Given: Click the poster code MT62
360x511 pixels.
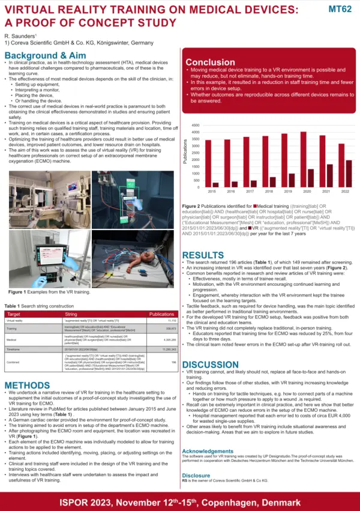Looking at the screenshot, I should tap(340, 10).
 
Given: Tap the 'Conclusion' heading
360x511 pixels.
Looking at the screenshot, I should tap(210, 62).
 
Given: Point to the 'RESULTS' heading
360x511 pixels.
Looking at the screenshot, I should tap(203, 255).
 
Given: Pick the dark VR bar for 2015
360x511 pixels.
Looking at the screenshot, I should tap(215, 185).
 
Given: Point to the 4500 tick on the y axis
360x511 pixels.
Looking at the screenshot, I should tap(196, 125).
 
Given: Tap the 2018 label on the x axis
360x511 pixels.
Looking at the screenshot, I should tap(269, 192).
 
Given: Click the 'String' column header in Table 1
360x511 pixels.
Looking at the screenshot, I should tap(71, 314).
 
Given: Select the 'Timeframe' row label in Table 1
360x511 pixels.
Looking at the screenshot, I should tap(16, 348).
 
